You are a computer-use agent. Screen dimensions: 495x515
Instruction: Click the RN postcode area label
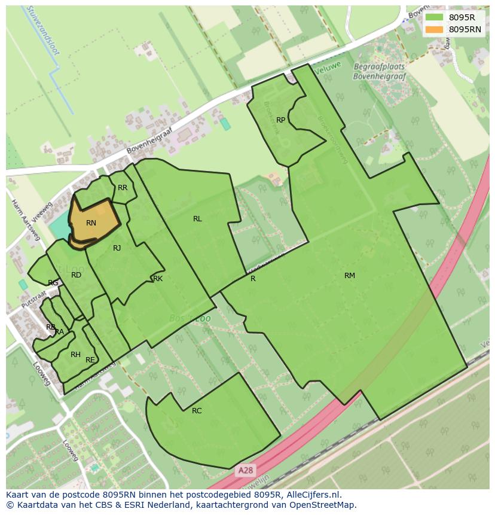coord(91,223)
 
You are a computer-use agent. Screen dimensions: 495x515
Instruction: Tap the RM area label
coord(350,276)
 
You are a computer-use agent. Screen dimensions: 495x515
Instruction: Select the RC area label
coord(197,411)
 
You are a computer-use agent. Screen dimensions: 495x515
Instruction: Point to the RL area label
coord(197,219)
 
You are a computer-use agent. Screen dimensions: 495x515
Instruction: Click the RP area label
coord(280,120)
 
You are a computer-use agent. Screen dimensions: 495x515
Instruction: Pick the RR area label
coord(123,188)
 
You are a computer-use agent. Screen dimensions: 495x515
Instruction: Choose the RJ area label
coord(117,248)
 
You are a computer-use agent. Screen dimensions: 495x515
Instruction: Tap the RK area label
coord(158,279)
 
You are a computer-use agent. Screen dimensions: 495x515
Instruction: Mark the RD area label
coord(76,275)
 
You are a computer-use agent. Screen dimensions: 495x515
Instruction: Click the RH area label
coord(75,355)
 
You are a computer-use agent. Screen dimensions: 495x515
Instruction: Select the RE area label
coord(90,360)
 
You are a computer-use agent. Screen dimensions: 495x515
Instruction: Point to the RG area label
coord(53,283)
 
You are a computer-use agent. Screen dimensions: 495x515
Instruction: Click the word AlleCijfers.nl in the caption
coord(311,495)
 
